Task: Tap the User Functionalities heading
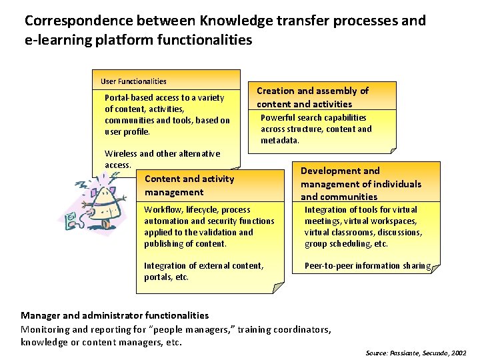pos(133,81)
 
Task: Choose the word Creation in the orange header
pos(275,91)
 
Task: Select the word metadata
pos(280,141)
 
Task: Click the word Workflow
pos(162,209)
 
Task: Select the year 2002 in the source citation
pos(459,351)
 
